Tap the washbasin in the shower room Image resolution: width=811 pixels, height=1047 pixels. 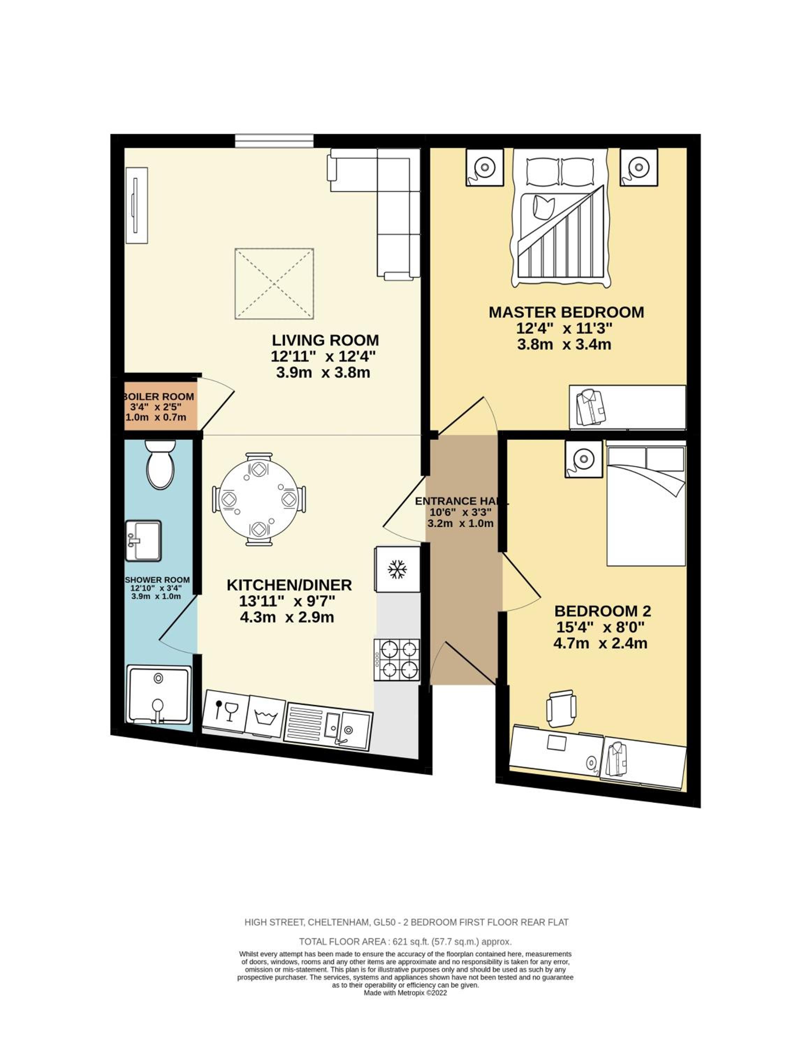(x=143, y=540)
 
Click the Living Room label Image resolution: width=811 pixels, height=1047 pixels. (x=326, y=340)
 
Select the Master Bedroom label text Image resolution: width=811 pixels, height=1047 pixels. (x=566, y=312)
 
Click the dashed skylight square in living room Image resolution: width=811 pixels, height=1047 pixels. (x=274, y=283)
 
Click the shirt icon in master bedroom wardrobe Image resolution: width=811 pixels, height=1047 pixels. (x=592, y=408)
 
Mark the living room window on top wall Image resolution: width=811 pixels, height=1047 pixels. (x=275, y=140)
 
